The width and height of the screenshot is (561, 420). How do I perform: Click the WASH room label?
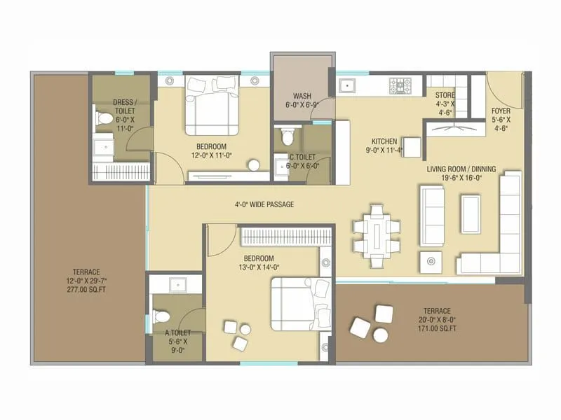click(302, 96)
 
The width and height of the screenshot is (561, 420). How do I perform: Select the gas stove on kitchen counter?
click(401, 85)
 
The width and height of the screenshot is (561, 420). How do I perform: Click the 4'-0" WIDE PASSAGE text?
click(264, 204)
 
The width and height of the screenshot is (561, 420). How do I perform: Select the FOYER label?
click(500, 110)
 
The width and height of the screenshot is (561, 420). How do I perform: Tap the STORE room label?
click(445, 95)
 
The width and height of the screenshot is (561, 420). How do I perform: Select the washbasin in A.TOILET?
click(177, 283)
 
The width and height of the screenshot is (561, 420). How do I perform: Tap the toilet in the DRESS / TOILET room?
click(102, 115)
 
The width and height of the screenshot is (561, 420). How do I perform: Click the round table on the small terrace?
click(381, 335)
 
